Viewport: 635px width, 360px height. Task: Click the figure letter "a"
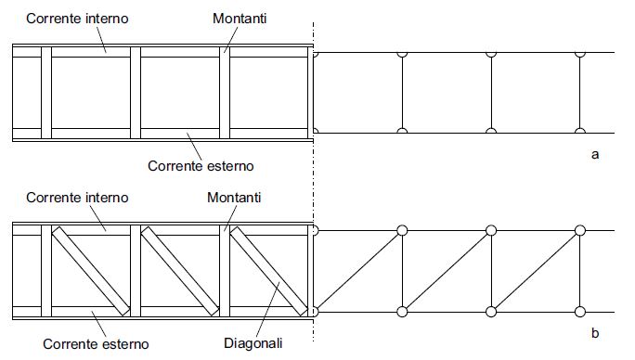[595, 155]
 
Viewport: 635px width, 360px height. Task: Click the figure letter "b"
[595, 332]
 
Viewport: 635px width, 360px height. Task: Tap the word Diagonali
[253, 343]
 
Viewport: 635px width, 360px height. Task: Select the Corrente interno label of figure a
[77, 19]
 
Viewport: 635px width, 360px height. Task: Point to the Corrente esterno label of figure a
[201, 166]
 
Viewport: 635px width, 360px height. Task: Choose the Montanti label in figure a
[240, 19]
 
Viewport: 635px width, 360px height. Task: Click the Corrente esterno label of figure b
[96, 344]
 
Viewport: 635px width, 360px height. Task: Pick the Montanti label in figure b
[234, 198]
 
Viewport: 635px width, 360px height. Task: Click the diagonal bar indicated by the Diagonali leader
[269, 271]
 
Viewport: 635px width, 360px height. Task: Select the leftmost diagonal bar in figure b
[91, 271]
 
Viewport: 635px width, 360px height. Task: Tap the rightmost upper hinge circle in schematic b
[580, 230]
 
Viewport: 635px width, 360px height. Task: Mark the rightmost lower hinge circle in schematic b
[580, 312]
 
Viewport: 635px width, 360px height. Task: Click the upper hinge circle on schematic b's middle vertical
[491, 230]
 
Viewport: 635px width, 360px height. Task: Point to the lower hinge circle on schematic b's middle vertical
[491, 312]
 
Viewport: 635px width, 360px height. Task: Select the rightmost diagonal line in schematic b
[536, 271]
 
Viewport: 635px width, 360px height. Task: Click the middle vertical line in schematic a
[491, 93]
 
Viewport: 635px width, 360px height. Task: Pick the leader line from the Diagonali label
[268, 309]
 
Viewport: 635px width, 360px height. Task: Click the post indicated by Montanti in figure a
[225, 93]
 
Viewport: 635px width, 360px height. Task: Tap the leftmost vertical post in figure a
[46, 93]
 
